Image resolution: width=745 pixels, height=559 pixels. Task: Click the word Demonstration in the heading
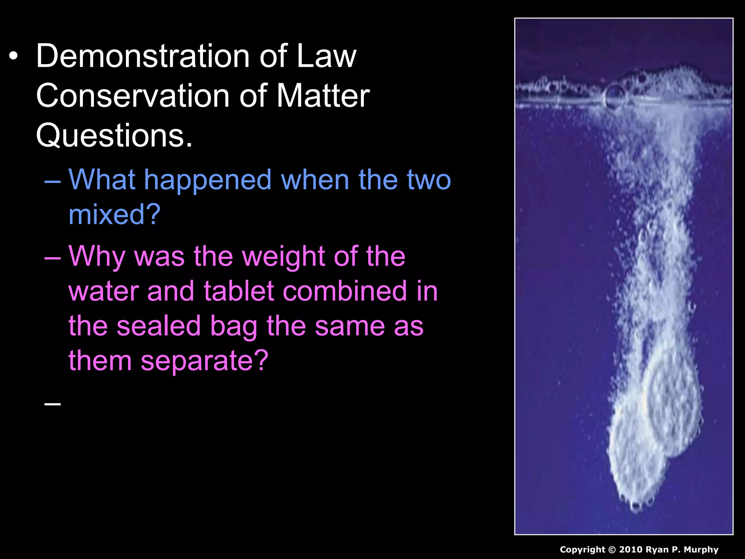[142, 56]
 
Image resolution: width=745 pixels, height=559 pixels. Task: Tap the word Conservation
[132, 96]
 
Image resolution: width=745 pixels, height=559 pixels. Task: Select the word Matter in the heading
[323, 96]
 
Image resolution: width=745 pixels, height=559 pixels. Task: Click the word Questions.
[114, 135]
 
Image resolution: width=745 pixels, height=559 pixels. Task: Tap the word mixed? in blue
[114, 215]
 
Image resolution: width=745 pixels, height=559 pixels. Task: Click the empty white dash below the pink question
[52, 403]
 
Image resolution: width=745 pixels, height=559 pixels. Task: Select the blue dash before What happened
[52, 181]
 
